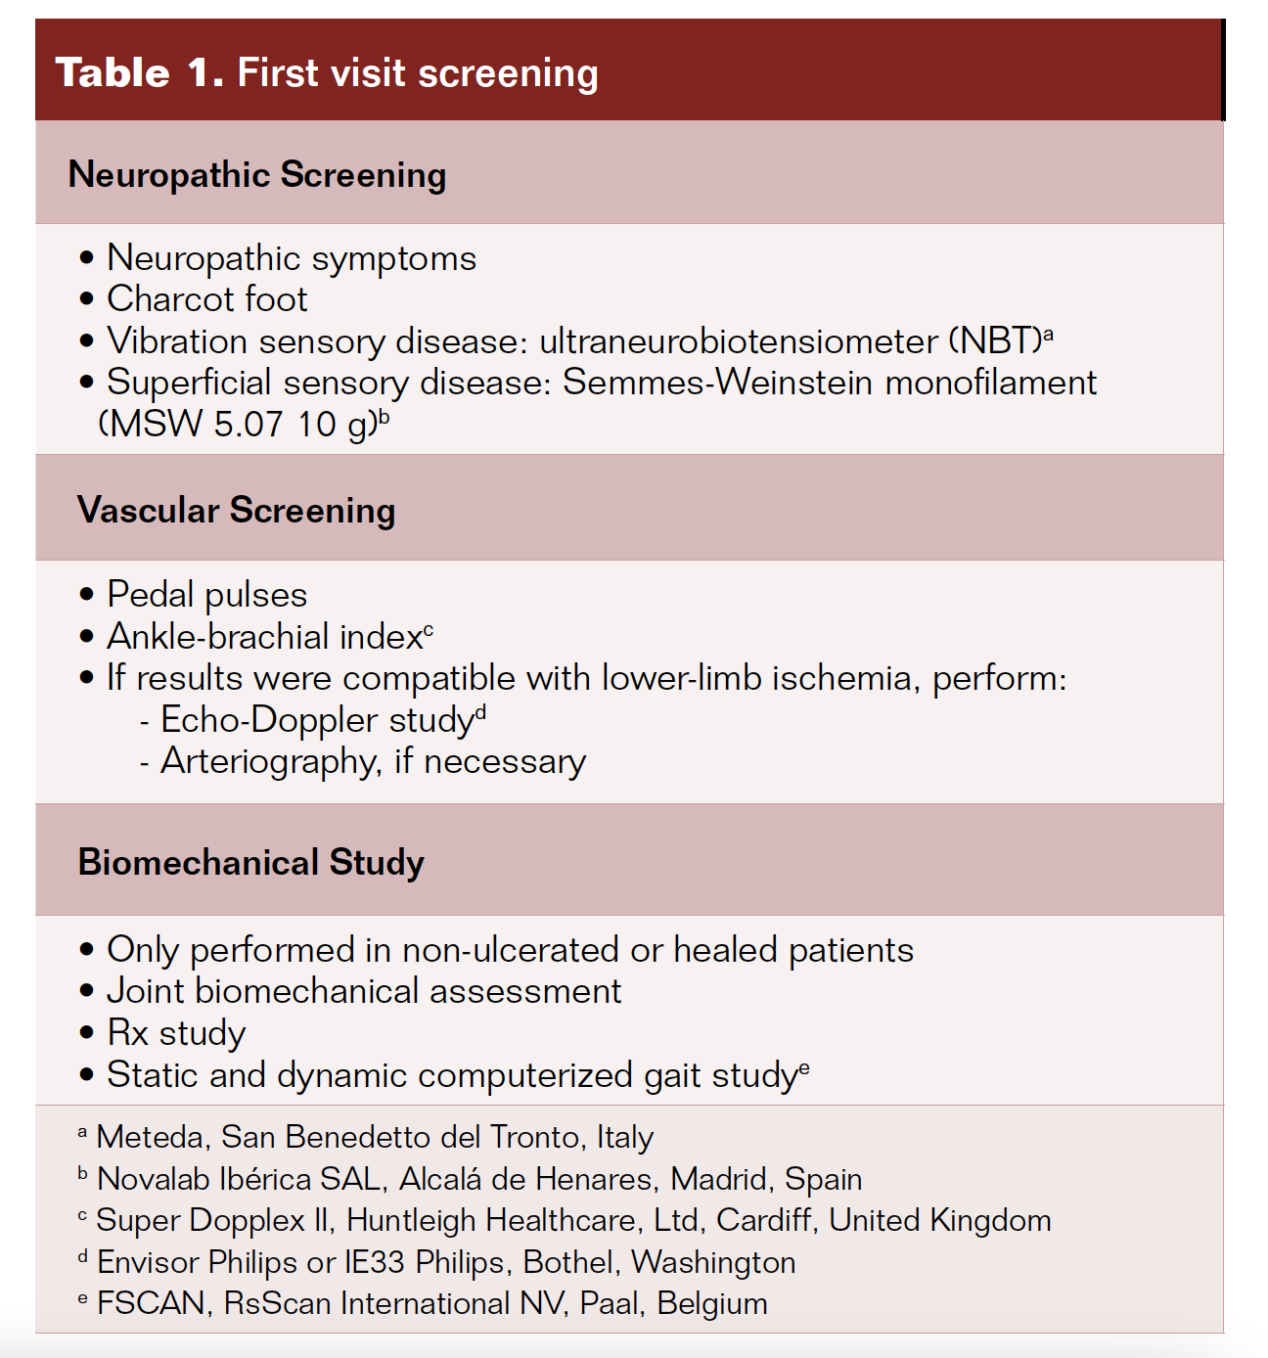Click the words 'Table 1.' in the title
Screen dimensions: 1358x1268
point(140,73)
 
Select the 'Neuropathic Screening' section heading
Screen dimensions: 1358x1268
point(257,175)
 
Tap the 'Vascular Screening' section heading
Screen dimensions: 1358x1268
point(237,511)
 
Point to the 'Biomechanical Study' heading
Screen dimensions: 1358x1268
point(251,863)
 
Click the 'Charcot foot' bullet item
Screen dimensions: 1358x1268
point(206,299)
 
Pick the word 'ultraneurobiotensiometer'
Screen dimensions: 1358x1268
point(739,341)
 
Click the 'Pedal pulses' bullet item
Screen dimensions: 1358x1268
point(206,595)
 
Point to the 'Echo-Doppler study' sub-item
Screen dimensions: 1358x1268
point(317,720)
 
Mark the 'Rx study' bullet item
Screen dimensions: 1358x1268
point(176,1033)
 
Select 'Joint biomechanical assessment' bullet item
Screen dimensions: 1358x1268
point(364,992)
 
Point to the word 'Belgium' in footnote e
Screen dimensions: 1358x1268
point(712,1304)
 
